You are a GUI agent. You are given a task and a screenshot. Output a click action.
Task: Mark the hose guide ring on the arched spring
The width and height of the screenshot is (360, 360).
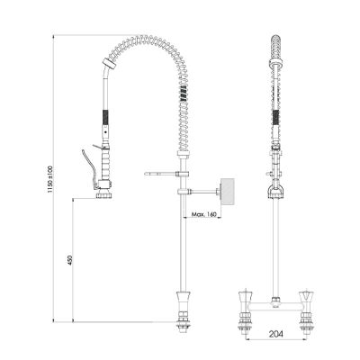pyautogui.click(x=111, y=67)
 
